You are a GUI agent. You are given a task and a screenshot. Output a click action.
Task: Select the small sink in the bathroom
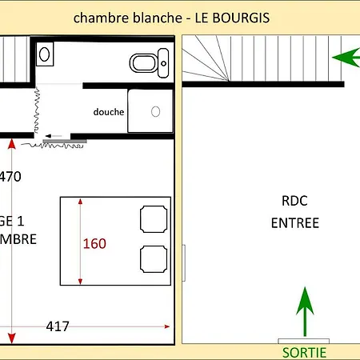46,55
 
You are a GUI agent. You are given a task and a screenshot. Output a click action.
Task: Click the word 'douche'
109,112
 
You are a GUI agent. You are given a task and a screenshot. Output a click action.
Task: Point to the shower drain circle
156,111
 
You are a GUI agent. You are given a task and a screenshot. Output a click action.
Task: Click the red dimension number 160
94,242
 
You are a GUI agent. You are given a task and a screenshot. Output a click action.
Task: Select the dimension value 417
57,326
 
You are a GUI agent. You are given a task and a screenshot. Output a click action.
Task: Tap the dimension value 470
10,177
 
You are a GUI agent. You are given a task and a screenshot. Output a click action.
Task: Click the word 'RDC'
294,201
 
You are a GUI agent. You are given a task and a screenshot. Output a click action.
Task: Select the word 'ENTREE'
294,223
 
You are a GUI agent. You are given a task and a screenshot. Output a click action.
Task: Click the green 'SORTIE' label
305,352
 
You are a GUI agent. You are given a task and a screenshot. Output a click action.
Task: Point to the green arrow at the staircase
345,58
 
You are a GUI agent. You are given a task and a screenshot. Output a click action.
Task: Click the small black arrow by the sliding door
54,136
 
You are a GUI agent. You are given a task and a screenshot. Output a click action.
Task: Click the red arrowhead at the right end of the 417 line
166,326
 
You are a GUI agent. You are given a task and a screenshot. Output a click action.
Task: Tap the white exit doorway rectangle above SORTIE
304,341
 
